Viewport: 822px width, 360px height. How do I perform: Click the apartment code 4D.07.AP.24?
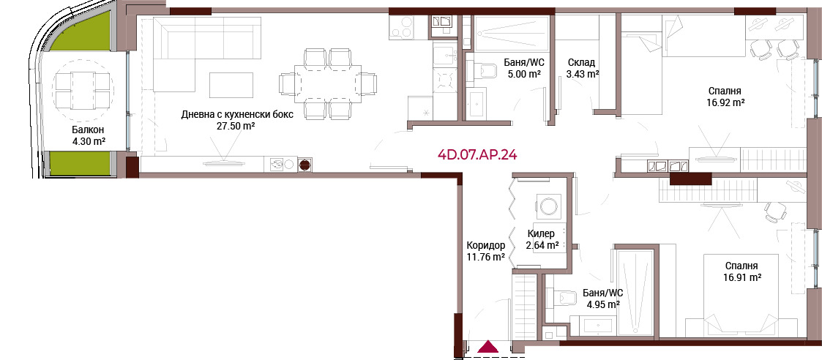(477, 155)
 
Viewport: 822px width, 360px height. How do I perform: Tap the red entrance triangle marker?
(488, 346)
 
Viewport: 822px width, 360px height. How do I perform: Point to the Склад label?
(580, 63)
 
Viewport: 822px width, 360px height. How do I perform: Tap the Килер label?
(541, 233)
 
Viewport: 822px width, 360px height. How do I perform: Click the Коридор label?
(486, 245)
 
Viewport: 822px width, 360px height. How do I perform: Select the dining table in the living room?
(328, 82)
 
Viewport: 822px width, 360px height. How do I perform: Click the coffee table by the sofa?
(231, 84)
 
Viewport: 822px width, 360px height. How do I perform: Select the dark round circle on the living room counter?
(304, 165)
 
